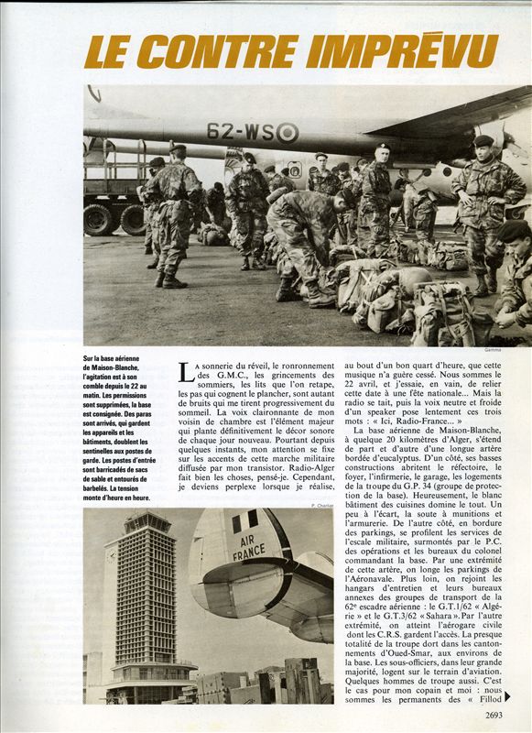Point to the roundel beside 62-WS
pos(287,132)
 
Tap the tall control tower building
pos(138,605)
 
